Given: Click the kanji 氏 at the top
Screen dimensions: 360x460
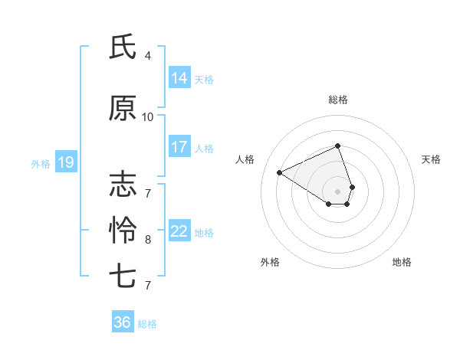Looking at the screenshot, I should [x=123, y=47].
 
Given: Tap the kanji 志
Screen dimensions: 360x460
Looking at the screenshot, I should [x=123, y=185].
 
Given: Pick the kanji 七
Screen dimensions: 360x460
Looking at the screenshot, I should [x=123, y=275].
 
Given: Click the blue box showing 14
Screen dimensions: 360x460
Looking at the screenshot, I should [x=179, y=78].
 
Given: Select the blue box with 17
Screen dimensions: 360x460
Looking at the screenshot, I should [x=179, y=147].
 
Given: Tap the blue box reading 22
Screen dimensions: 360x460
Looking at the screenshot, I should [x=179, y=232].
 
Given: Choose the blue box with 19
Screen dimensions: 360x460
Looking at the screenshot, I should [x=65, y=162].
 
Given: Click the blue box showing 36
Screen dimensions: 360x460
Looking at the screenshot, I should [x=123, y=322].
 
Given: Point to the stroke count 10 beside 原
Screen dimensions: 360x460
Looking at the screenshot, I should [x=148, y=117].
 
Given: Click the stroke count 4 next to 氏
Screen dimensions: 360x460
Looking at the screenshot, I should [x=148, y=56].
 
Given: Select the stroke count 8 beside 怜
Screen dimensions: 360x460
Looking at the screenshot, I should [x=148, y=240].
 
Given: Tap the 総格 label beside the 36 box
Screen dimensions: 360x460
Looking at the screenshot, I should [x=148, y=324].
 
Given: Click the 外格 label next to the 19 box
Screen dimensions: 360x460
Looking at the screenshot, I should [x=41, y=163].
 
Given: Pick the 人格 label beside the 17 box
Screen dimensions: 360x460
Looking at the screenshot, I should [x=204, y=148].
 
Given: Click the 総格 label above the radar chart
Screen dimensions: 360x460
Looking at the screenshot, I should [x=338, y=100].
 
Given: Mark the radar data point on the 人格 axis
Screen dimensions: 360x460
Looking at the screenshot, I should [x=280, y=172].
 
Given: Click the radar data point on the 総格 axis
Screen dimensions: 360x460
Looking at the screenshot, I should [x=338, y=146].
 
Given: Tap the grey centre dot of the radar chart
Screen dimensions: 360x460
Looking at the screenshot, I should [x=338, y=191].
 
